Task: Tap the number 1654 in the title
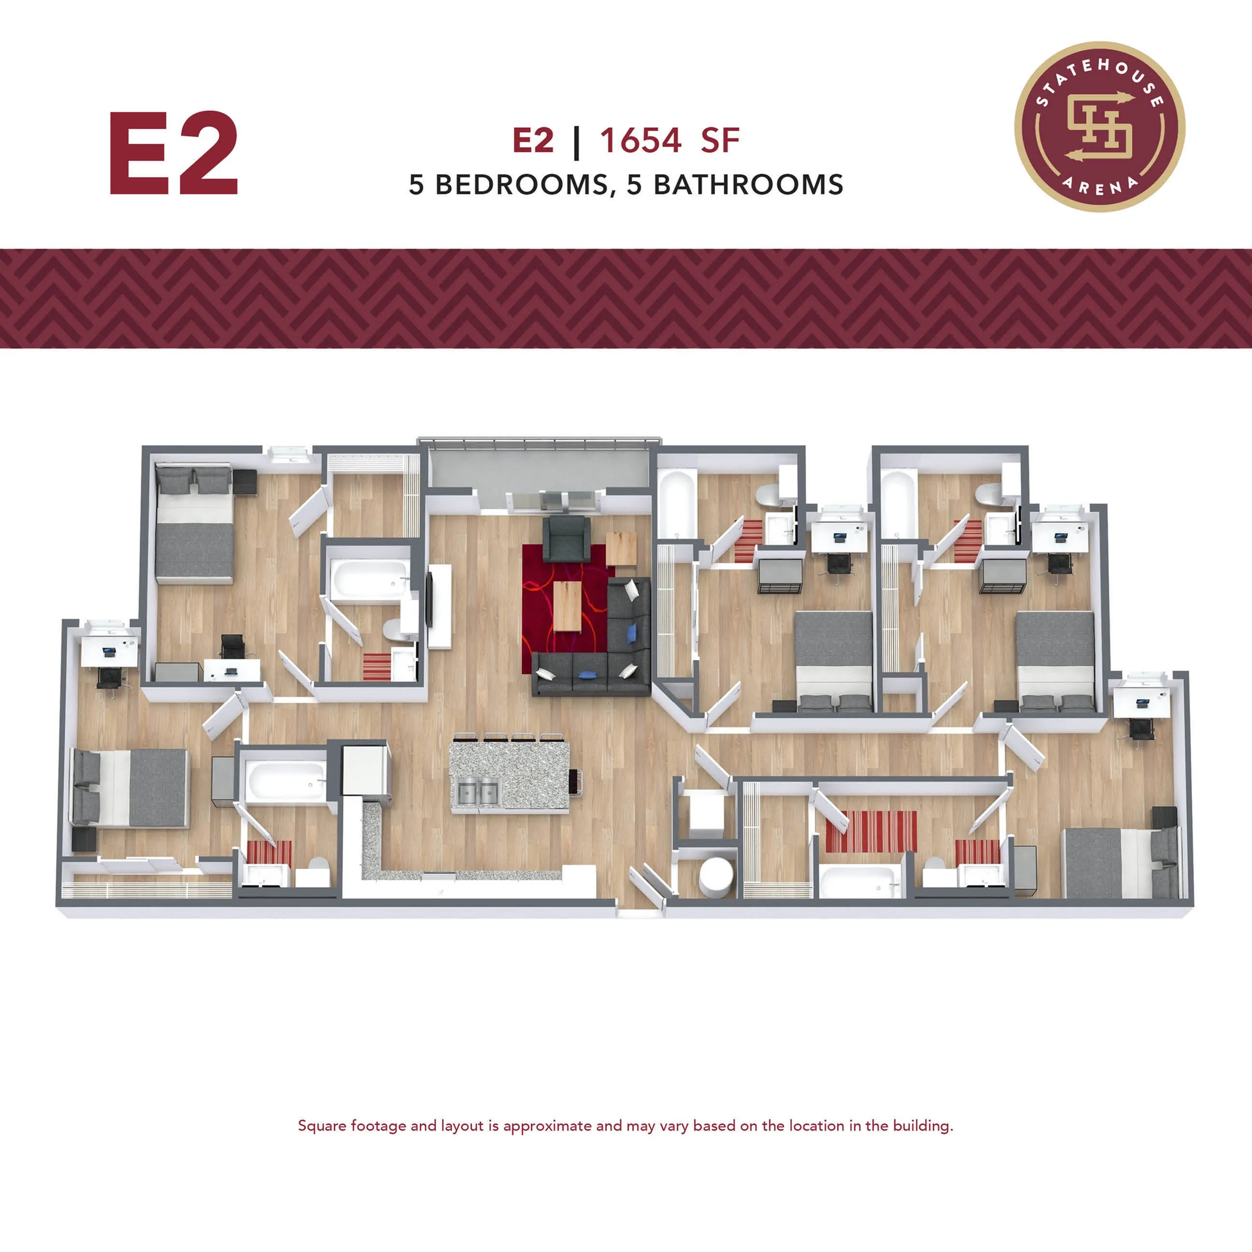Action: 640,140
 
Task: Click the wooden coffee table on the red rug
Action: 568,605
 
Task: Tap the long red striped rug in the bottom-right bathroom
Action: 871,831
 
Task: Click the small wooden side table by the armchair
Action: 621,548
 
